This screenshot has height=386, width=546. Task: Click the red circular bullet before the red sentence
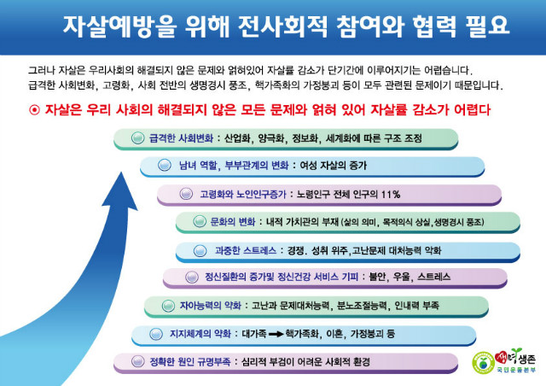[34, 110]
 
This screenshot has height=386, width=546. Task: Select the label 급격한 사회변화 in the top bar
[181, 138]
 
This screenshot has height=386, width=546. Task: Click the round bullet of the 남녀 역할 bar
[165, 165]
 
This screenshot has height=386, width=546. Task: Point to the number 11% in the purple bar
[391, 194]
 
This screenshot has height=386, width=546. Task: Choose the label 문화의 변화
[233, 222]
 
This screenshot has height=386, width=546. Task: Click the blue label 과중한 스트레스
[246, 250]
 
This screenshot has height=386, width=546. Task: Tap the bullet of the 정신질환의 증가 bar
[191, 277]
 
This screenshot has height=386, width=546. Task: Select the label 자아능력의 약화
[211, 306]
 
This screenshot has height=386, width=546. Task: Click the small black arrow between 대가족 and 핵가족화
[276, 334]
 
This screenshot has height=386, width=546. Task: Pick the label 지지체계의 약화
[200, 334]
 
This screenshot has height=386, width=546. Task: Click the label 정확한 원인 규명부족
[189, 362]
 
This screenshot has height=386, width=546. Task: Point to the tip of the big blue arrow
[121, 172]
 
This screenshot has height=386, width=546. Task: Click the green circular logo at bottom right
[483, 363]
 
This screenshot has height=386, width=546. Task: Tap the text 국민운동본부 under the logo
[516, 370]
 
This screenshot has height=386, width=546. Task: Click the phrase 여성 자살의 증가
[334, 166]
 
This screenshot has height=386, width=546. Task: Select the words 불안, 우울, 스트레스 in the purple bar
[409, 277]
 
